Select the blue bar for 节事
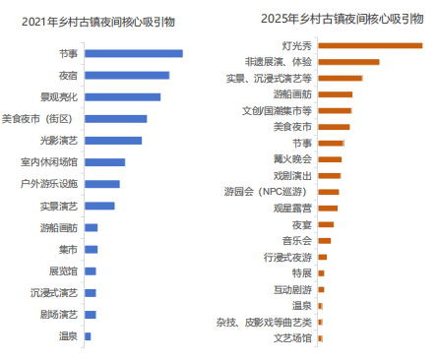point(133,53)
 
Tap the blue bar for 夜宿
point(126,75)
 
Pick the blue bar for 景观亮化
point(122,96)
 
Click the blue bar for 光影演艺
point(113,140)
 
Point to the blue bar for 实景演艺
point(99,206)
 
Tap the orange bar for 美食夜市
point(334,126)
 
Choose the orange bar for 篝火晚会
point(330,158)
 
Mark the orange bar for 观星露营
point(328,208)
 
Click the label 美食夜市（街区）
point(41,118)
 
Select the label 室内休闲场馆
point(49,161)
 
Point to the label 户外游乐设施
point(49,183)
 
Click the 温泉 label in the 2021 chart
point(68,336)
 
